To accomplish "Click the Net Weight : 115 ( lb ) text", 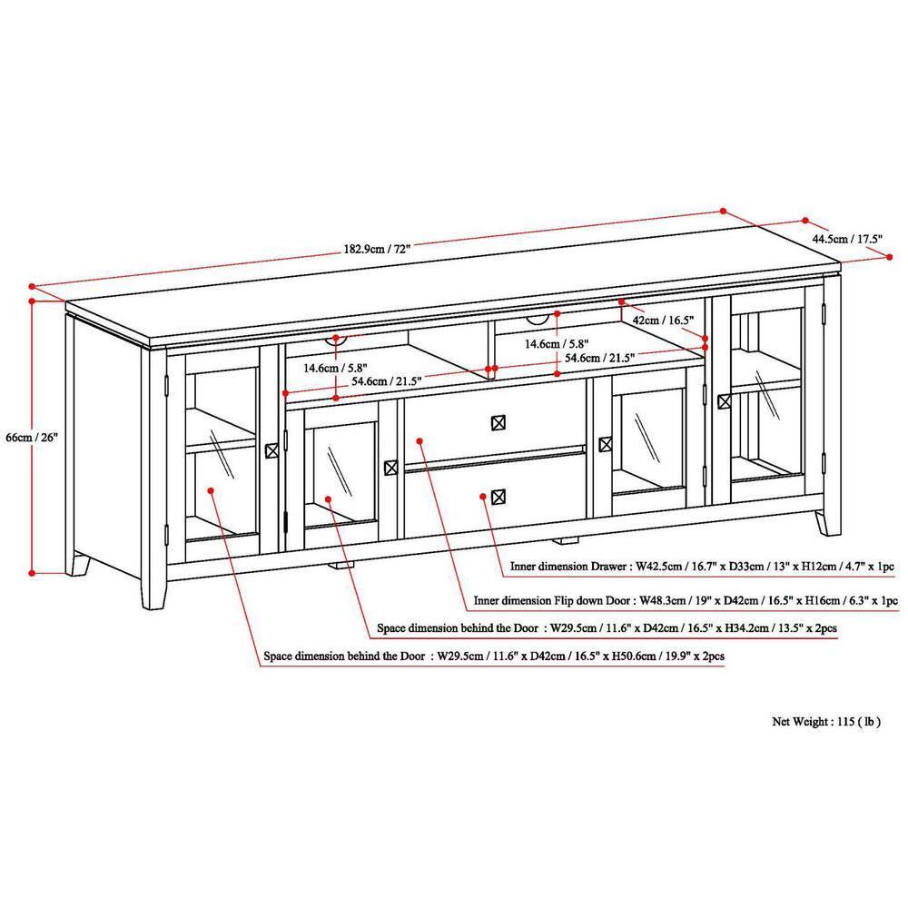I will pos(825,722).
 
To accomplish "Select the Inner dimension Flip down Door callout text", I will pos(686,600).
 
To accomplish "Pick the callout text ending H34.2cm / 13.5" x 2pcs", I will pos(614,627).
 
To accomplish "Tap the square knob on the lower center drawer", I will pos(497,496).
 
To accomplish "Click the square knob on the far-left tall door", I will pos(271,450).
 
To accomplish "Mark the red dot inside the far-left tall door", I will pos(211,490).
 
